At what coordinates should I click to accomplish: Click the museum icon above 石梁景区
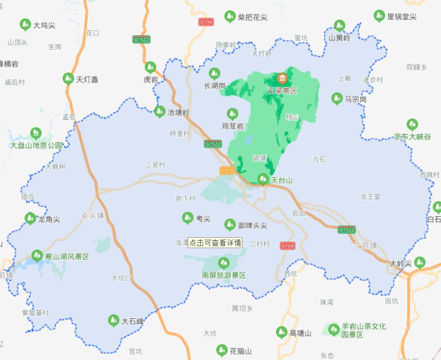tap(282, 79)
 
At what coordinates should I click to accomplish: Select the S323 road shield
tap(226, 171)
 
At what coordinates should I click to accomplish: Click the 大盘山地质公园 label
tap(36, 145)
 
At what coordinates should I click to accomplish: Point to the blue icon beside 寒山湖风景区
tap(37, 256)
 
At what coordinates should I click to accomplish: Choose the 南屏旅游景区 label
tap(224, 275)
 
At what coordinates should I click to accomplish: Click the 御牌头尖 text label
tap(252, 225)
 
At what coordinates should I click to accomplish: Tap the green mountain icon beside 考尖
tap(188, 218)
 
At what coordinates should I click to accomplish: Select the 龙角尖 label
tap(49, 219)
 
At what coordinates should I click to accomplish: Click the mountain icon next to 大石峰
tap(114, 321)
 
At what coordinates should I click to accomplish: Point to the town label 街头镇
tap(93, 216)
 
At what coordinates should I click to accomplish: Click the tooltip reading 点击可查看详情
tap(215, 243)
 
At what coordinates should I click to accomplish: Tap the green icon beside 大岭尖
tap(420, 262)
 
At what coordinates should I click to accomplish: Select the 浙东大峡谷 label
tap(412, 137)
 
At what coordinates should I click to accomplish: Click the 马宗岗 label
tap(355, 99)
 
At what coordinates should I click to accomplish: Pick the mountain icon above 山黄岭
tap(339, 26)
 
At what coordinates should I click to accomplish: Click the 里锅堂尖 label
tap(402, 17)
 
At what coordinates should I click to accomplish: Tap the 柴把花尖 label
tap(252, 17)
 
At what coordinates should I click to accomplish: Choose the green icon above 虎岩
tap(150, 67)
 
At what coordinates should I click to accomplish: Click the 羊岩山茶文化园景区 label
tap(363, 331)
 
